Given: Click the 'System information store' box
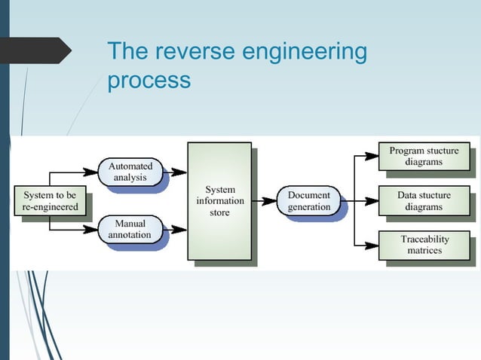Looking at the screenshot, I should (219, 201).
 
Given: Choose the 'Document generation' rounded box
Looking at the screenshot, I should (308, 201).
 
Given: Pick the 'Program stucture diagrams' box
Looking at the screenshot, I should (423, 157).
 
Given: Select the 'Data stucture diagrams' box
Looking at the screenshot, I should (423, 201).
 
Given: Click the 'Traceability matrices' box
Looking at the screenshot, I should (423, 246).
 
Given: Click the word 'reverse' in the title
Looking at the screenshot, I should (191, 52).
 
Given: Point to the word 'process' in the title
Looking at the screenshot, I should (149, 81).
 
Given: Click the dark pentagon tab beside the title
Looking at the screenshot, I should (38, 50).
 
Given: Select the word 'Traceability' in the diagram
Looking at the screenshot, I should (424, 239).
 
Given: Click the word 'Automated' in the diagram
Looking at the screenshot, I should (130, 166).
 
